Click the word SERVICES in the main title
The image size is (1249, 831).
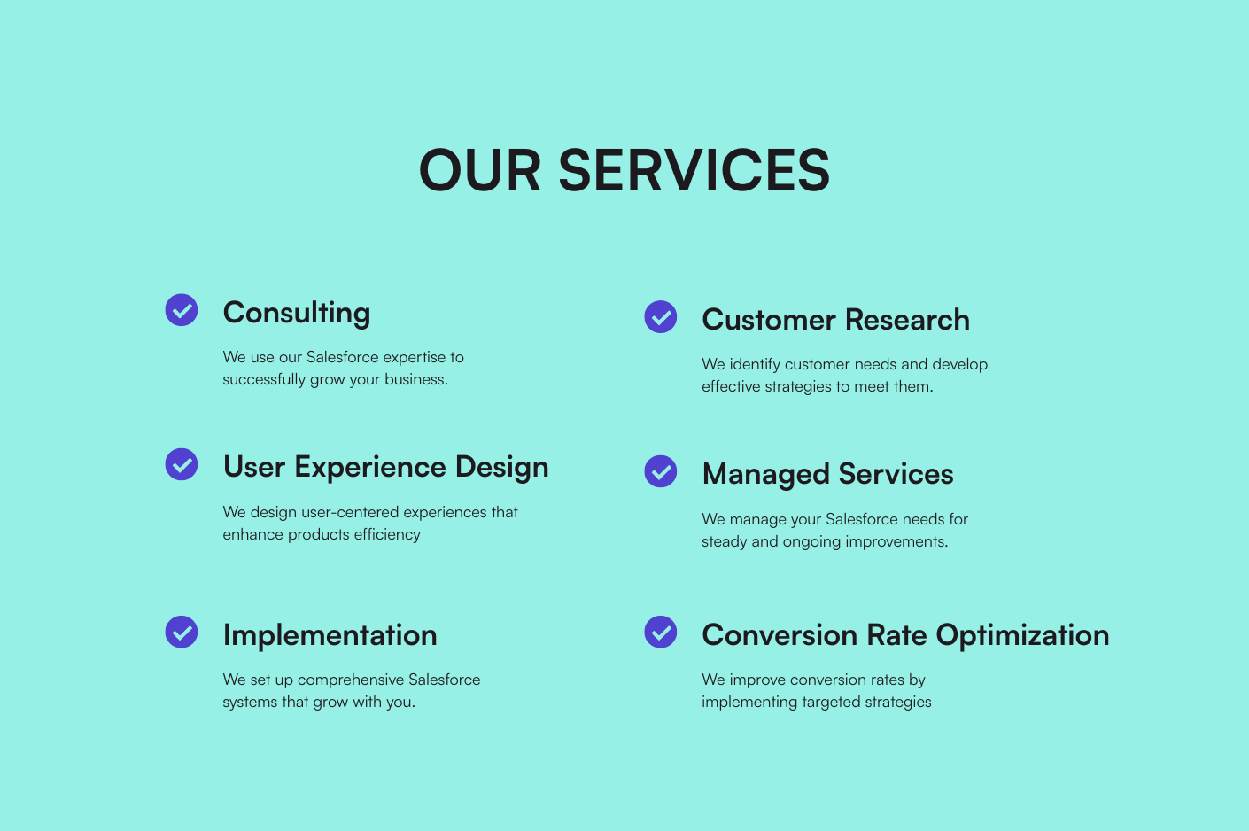[694, 170]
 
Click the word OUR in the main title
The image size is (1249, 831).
[479, 170]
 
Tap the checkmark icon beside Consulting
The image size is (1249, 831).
[182, 309]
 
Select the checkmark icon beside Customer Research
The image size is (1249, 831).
[661, 317]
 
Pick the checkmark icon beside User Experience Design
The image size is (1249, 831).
[182, 464]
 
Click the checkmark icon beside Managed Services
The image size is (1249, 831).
[661, 471]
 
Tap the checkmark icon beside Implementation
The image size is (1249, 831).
[182, 632]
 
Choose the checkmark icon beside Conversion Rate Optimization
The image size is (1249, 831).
[661, 632]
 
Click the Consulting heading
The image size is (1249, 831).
[297, 313]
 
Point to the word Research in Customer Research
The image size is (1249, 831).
[907, 320]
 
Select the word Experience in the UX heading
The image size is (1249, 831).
[370, 468]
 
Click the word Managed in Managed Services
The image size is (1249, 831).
[765, 475]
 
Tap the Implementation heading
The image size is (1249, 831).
[330, 635]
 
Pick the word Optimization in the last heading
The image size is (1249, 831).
[1022, 635]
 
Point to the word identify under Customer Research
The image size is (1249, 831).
[755, 365]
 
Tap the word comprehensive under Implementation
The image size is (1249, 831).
[351, 680]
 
